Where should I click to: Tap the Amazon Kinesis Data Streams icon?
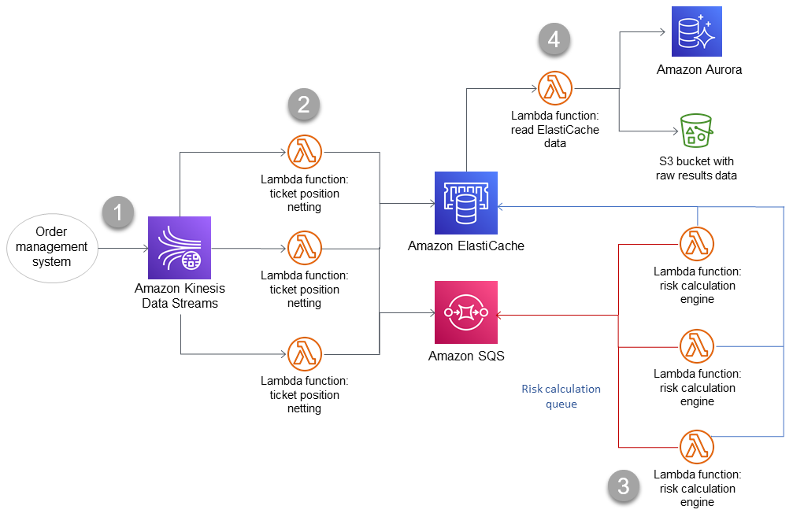[x=180, y=248]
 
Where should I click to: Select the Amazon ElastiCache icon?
[x=465, y=202]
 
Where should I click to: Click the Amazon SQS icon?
[x=465, y=312]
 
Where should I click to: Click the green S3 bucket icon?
[x=695, y=129]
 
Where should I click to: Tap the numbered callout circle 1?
[x=119, y=212]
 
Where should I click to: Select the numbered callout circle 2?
[x=304, y=105]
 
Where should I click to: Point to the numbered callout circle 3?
[x=624, y=486]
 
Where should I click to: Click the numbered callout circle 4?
[x=554, y=40]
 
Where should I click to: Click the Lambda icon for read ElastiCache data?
[x=554, y=88]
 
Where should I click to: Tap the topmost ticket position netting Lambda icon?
[x=303, y=152]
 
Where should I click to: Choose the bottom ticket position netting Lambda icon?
[x=303, y=353]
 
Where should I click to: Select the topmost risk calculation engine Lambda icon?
[x=696, y=244]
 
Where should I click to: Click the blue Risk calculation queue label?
[x=561, y=397]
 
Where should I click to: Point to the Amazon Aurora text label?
[x=699, y=70]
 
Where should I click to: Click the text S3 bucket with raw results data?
[x=696, y=168]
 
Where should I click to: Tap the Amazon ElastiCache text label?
[x=465, y=246]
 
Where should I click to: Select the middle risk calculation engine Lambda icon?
[x=696, y=345]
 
